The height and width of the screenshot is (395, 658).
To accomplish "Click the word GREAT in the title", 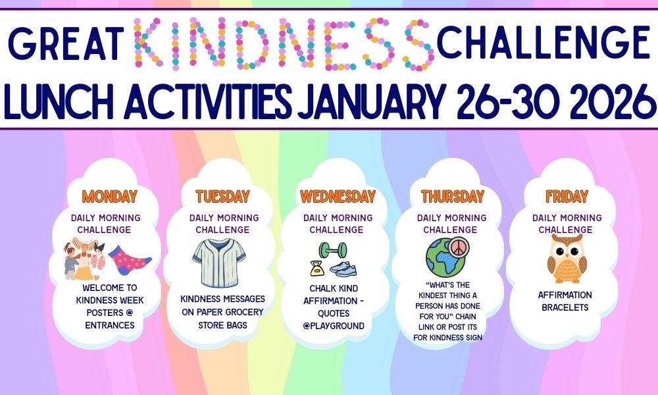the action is (x=65, y=43).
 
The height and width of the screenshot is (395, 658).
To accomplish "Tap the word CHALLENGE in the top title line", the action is (x=544, y=42).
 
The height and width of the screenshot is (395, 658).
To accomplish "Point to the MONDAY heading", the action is (x=109, y=196).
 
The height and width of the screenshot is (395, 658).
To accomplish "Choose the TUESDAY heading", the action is (x=222, y=196).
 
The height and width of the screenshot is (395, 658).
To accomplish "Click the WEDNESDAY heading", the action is (x=338, y=196).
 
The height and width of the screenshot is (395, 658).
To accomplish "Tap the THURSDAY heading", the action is (x=453, y=196).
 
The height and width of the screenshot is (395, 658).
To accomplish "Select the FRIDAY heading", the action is (x=567, y=196).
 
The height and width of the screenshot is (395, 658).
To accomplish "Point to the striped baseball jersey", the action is (x=219, y=263).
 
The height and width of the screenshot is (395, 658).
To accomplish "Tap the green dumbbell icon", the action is (x=333, y=250).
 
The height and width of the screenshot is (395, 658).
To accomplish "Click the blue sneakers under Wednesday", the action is (x=343, y=269).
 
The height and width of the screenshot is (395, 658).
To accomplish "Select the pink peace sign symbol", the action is (x=458, y=247).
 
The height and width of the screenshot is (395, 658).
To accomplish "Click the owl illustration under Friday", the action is (x=567, y=259).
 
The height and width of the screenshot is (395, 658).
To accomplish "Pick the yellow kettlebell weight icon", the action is (x=317, y=268).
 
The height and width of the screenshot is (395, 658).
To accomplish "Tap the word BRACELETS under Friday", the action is (x=565, y=307).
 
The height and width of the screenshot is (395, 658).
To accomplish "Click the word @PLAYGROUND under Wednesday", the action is (x=334, y=326).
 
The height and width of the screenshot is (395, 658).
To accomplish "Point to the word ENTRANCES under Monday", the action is (x=109, y=325).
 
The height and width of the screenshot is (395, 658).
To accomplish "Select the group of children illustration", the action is (x=84, y=259).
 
